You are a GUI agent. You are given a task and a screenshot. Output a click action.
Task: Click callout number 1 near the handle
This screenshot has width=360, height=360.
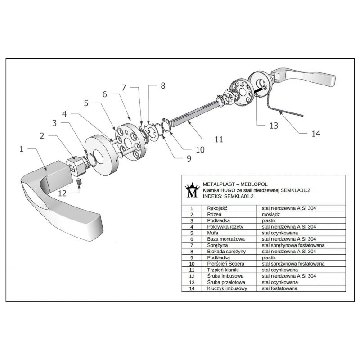point(21,149)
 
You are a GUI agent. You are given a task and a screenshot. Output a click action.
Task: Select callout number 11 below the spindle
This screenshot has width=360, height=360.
point(219,139)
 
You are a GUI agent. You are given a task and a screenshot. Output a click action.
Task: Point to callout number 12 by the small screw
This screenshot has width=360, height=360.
point(62,193)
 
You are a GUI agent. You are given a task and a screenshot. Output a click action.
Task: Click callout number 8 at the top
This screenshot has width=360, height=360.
point(163,85)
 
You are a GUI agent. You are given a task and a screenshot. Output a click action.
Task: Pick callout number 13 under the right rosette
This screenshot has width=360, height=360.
point(274,126)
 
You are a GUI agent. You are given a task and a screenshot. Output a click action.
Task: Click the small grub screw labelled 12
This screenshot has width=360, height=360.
point(78,182)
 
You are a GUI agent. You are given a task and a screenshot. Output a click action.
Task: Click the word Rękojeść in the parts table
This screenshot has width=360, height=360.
point(219,208)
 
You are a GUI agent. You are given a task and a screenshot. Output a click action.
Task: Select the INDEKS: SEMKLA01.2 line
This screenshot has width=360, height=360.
point(229,196)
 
